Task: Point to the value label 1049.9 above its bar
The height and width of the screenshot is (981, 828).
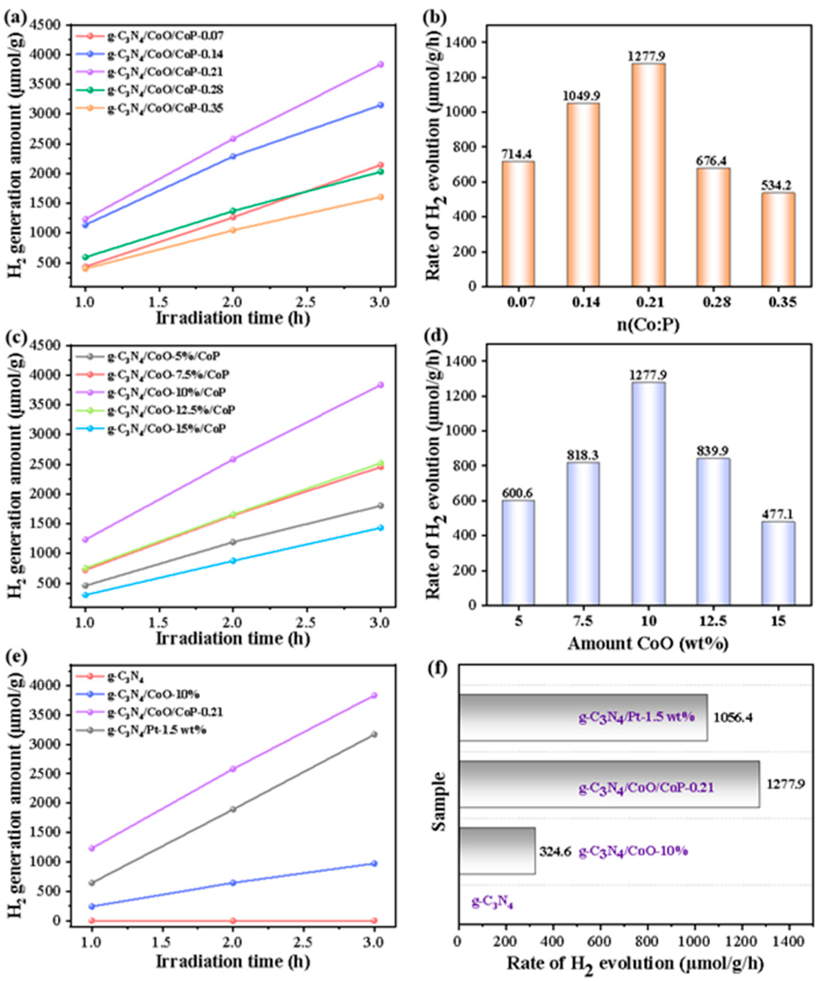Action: coord(583,96)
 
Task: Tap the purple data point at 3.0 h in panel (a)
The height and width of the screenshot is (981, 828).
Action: coord(381,64)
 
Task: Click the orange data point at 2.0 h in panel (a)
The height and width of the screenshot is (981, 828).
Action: coord(233,230)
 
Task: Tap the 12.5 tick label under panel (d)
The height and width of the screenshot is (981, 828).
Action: coord(713,622)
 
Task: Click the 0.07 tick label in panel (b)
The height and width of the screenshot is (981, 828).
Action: coord(518,303)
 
